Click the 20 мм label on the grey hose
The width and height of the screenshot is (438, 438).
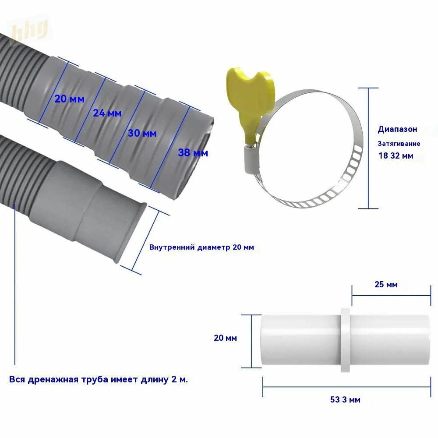click(69, 99)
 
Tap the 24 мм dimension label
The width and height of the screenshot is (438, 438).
click(107, 113)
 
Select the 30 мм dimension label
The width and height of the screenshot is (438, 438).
click(142, 133)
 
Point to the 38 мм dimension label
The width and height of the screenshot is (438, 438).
click(193, 153)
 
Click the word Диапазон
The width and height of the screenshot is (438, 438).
click(398, 129)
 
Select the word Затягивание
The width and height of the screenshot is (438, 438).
click(399, 144)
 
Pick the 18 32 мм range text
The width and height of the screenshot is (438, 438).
click(396, 155)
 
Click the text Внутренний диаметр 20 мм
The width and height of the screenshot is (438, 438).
click(201, 247)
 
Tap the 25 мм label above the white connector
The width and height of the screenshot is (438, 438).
click(386, 284)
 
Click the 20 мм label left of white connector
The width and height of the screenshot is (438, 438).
click(225, 338)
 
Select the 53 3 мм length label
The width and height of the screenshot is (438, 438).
click(345, 399)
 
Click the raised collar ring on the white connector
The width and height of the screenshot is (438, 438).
click(345, 340)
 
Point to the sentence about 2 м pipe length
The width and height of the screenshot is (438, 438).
click(99, 379)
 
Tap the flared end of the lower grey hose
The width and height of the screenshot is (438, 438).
click(131, 233)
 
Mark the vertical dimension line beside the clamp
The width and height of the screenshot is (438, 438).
click(368, 148)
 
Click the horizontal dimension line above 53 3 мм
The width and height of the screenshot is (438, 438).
click(346, 387)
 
